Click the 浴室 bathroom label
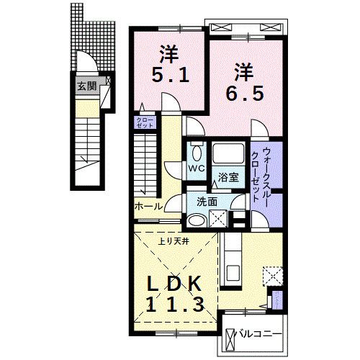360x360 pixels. (229, 176)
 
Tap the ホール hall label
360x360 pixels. (148, 206)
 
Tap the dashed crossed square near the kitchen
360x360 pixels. (273, 276)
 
